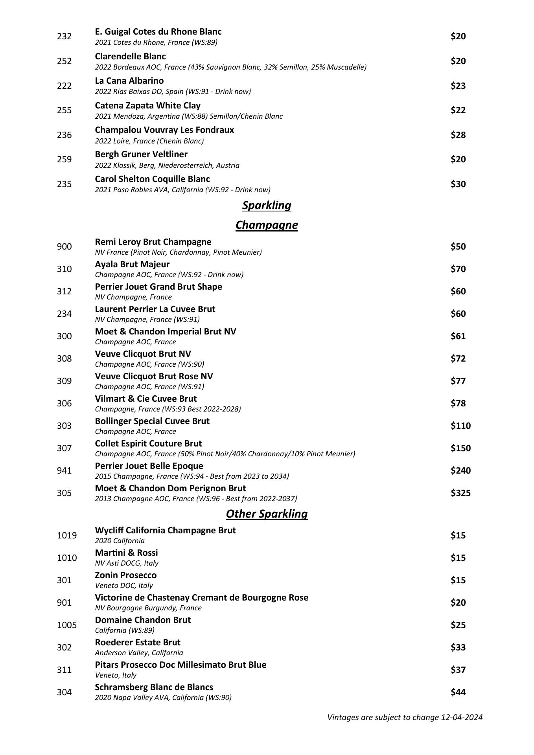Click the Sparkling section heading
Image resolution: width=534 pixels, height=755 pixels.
click(x=267, y=206)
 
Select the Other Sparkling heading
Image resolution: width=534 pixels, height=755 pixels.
click(x=267, y=514)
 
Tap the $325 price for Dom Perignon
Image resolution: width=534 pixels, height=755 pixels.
click(x=460, y=493)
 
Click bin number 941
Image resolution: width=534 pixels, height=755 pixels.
click(x=64, y=470)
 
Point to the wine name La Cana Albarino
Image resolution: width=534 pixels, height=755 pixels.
click(x=129, y=81)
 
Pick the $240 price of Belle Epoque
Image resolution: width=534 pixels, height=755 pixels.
click(x=460, y=470)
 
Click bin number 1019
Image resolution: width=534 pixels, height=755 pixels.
click(x=67, y=535)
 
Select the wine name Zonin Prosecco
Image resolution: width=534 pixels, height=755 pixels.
click(x=126, y=575)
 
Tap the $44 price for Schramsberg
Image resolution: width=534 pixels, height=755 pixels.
click(x=458, y=692)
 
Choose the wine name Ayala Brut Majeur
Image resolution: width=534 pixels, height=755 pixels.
click(x=132, y=265)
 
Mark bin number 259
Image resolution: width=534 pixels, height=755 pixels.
click(x=64, y=159)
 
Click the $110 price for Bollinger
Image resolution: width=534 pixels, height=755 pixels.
click(x=460, y=426)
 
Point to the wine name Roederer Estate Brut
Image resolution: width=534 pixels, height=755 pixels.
click(x=138, y=643)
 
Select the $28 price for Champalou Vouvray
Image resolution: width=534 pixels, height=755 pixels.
click(x=458, y=135)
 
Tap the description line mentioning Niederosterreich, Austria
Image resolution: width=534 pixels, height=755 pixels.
click(x=167, y=165)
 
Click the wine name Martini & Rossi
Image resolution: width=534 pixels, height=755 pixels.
click(x=126, y=553)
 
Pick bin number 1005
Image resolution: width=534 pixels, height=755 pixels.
click(x=67, y=625)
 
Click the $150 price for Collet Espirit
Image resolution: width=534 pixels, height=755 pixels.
click(x=460, y=448)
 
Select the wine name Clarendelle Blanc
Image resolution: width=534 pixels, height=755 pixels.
click(x=131, y=57)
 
